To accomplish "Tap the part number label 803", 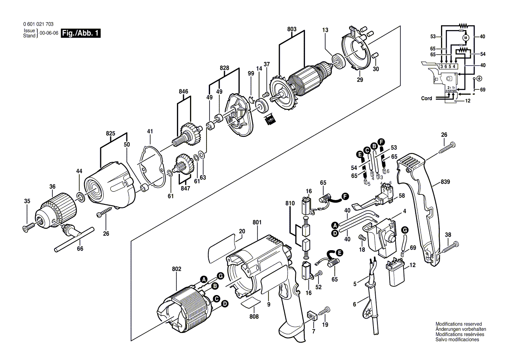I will (x=292, y=29).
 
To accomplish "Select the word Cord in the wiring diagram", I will (x=427, y=98).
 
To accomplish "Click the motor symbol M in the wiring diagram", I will (x=465, y=38).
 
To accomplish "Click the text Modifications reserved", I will (x=458, y=324).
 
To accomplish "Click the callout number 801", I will (x=257, y=223).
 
